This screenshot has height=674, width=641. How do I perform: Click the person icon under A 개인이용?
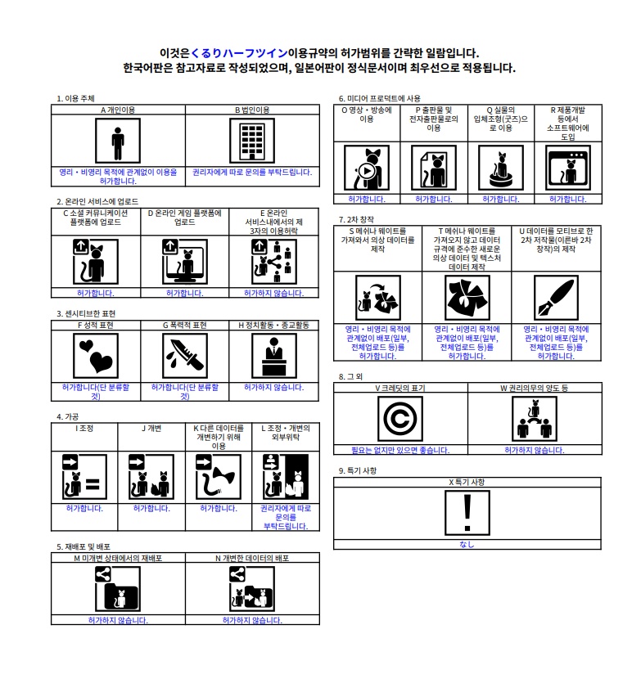(117, 141)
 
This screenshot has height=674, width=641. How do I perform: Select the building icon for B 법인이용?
(252, 141)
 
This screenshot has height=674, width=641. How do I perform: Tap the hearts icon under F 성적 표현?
(96, 356)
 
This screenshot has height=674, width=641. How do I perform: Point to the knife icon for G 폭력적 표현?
(185, 356)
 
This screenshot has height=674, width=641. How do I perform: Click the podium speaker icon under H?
(274, 356)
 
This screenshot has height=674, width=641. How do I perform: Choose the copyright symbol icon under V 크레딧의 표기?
(400, 419)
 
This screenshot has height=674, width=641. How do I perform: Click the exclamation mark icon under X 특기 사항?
(467, 513)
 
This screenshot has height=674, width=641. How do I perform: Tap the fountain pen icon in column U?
(556, 298)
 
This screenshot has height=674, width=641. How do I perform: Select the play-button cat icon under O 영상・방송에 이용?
(367, 168)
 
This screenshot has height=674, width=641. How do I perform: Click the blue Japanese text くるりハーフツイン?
(239, 53)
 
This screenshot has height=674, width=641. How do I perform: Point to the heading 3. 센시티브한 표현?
(86, 314)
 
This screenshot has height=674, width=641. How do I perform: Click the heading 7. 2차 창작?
(356, 220)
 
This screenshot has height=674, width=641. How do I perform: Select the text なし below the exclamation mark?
(467, 545)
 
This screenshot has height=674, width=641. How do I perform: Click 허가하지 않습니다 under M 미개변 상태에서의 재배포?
(118, 620)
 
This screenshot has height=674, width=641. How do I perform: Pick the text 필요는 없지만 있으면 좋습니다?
(400, 450)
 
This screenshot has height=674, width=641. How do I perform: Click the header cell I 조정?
(84, 429)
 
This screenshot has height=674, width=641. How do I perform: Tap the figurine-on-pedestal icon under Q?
(501, 168)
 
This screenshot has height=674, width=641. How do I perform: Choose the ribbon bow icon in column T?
(467, 298)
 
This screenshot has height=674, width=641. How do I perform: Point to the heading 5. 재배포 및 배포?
(84, 546)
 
